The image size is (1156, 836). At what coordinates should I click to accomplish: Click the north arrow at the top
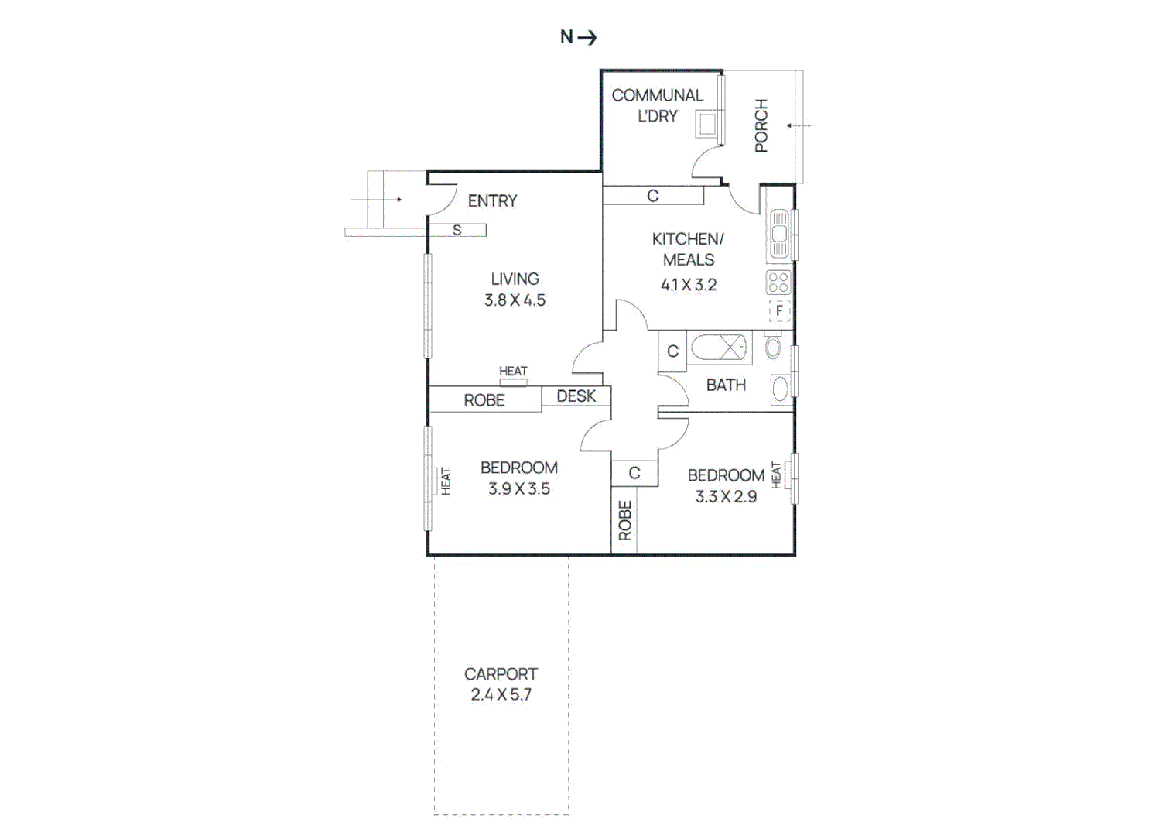pyautogui.click(x=579, y=37)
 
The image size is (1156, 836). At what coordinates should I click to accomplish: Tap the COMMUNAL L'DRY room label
pyautogui.click(x=657, y=105)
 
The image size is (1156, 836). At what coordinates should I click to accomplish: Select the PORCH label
pyautogui.click(x=761, y=125)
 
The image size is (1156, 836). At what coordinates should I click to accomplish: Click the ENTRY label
pyautogui.click(x=492, y=201)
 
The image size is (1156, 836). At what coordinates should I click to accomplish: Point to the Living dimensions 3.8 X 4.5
pyautogui.click(x=515, y=300)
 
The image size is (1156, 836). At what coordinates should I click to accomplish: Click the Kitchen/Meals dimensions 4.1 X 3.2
pyautogui.click(x=688, y=285)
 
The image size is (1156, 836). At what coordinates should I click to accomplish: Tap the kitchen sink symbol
pyautogui.click(x=779, y=234)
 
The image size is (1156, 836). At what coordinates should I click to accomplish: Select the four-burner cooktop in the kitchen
pyautogui.click(x=778, y=283)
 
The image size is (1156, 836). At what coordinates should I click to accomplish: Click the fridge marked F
pyautogui.click(x=779, y=310)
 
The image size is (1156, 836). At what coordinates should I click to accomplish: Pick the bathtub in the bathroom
pyautogui.click(x=720, y=348)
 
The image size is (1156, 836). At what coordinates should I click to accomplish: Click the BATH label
pyautogui.click(x=726, y=385)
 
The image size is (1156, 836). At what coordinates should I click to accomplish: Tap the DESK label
pyautogui.click(x=576, y=396)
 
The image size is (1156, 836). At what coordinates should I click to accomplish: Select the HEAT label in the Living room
pyautogui.click(x=513, y=372)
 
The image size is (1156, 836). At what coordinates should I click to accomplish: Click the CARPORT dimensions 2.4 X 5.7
pyautogui.click(x=501, y=695)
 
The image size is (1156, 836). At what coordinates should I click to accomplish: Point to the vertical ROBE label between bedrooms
pyautogui.click(x=624, y=520)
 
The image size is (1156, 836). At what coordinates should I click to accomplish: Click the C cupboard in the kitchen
pyautogui.click(x=653, y=196)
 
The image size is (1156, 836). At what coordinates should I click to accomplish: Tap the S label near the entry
pyautogui.click(x=457, y=230)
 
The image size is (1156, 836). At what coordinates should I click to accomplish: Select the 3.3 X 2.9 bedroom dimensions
pyautogui.click(x=726, y=497)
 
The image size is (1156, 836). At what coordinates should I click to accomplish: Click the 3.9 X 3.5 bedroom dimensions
pyautogui.click(x=518, y=489)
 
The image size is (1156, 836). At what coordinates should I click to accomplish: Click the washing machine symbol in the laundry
pyautogui.click(x=706, y=124)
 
